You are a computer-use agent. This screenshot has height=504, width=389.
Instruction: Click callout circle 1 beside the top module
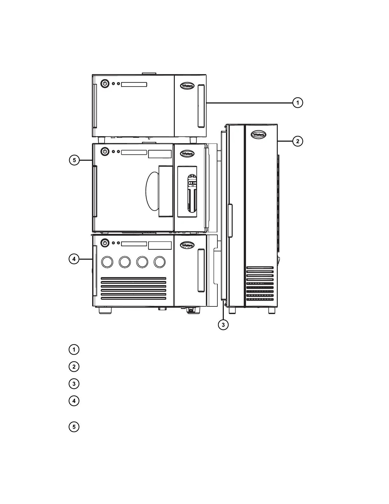coord(297,103)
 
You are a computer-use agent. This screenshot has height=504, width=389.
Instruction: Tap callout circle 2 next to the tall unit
coord(297,141)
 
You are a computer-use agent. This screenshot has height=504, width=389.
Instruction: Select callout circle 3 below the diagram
coord(223,325)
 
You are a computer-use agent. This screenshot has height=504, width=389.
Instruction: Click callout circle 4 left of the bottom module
coord(74,259)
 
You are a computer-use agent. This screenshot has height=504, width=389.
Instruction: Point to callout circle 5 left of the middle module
coord(74,160)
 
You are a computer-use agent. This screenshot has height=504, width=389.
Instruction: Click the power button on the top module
coord(105,84)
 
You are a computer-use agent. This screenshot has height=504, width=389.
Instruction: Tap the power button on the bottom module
coord(105,243)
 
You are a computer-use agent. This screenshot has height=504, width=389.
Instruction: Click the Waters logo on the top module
coord(187,86)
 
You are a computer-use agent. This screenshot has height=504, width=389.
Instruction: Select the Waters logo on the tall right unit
coord(258,135)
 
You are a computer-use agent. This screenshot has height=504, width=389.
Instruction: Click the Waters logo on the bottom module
coord(187,245)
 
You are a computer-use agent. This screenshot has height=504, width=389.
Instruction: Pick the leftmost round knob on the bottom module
coord(107,262)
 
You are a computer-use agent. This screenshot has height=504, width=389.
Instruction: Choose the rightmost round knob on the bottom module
coord(160,262)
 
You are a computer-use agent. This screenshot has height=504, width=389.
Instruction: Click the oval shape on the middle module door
coord(153,191)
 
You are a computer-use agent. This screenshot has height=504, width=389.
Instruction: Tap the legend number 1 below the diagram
coord(74,349)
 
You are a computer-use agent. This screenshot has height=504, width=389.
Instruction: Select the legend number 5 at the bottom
coord(74,427)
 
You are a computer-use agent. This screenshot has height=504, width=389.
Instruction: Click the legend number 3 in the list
coord(74,384)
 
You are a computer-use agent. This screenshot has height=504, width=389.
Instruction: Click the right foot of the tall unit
coord(272,310)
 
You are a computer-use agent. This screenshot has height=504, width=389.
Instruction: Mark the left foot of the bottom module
coord(105,310)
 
